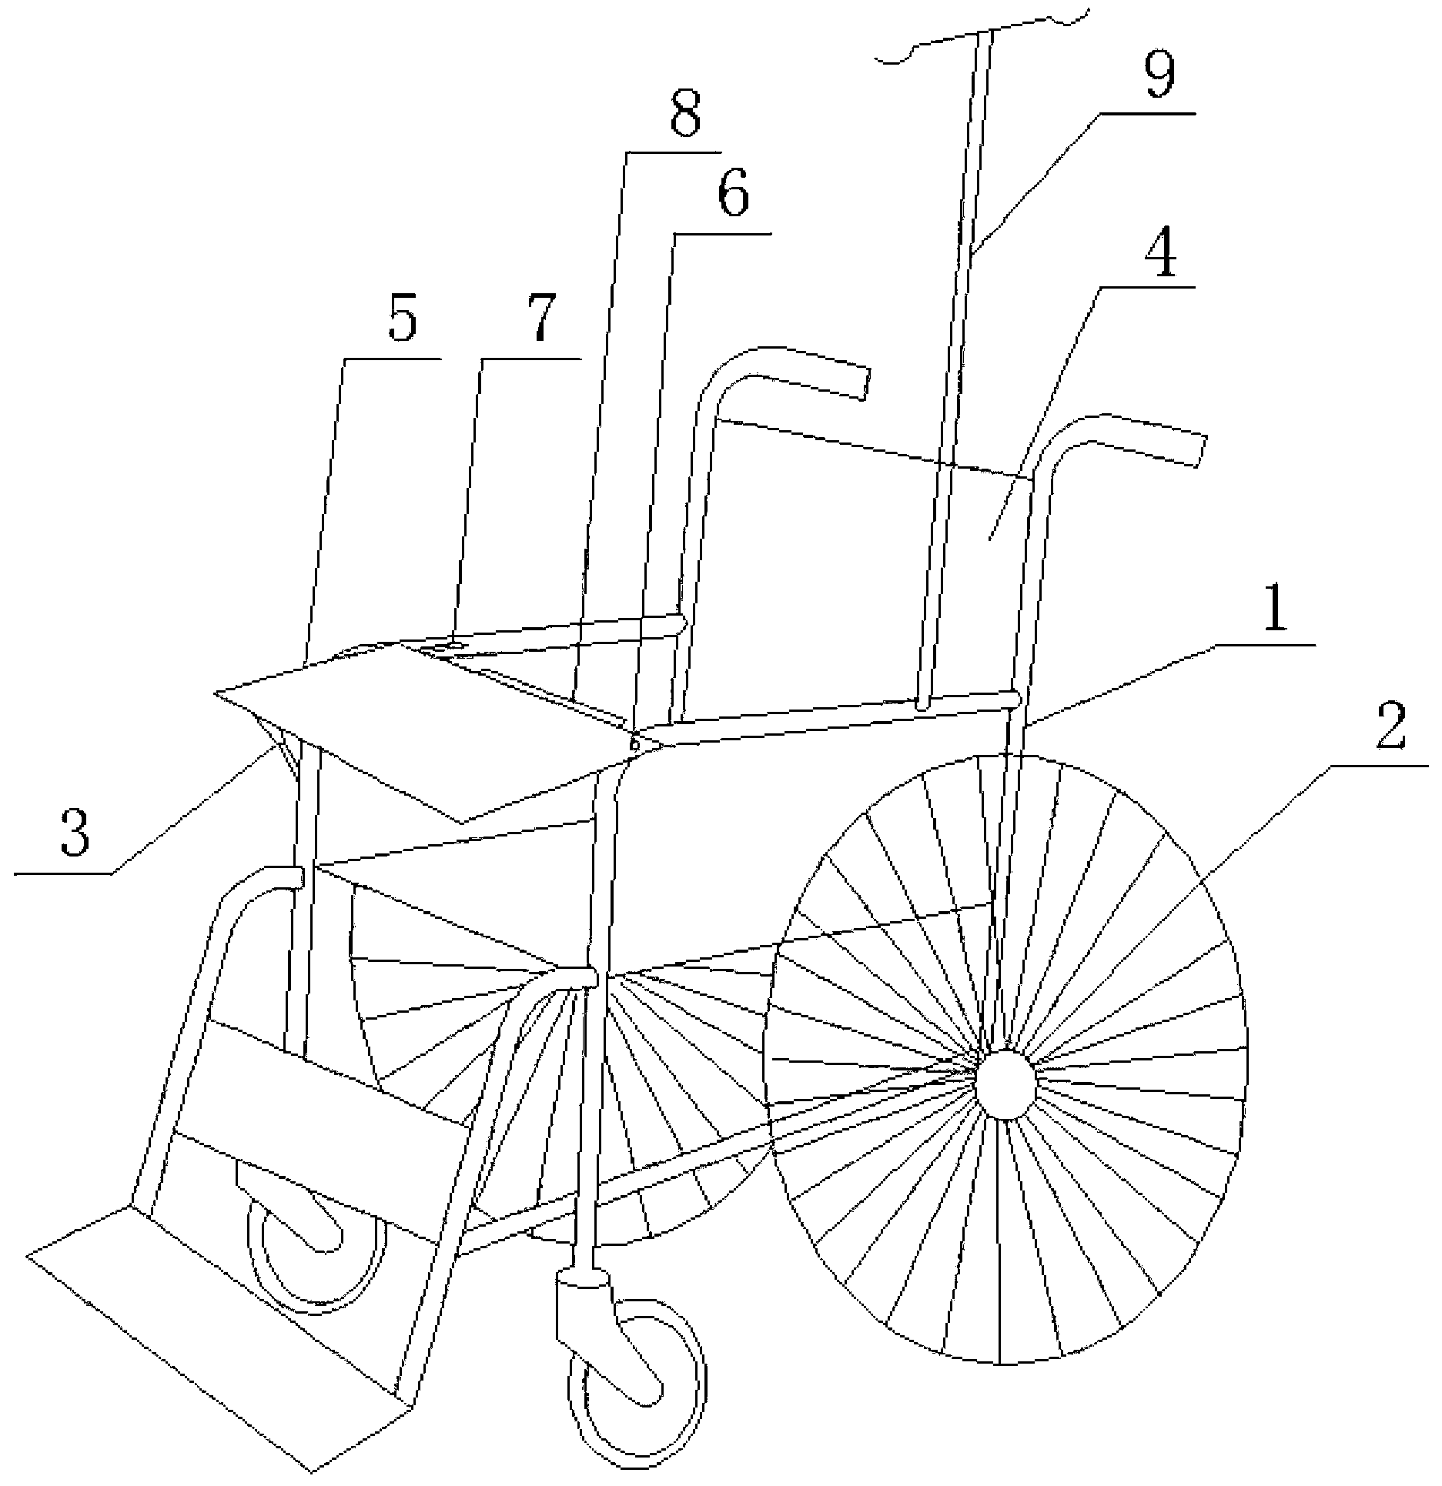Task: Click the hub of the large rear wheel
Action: (x=1005, y=1084)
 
